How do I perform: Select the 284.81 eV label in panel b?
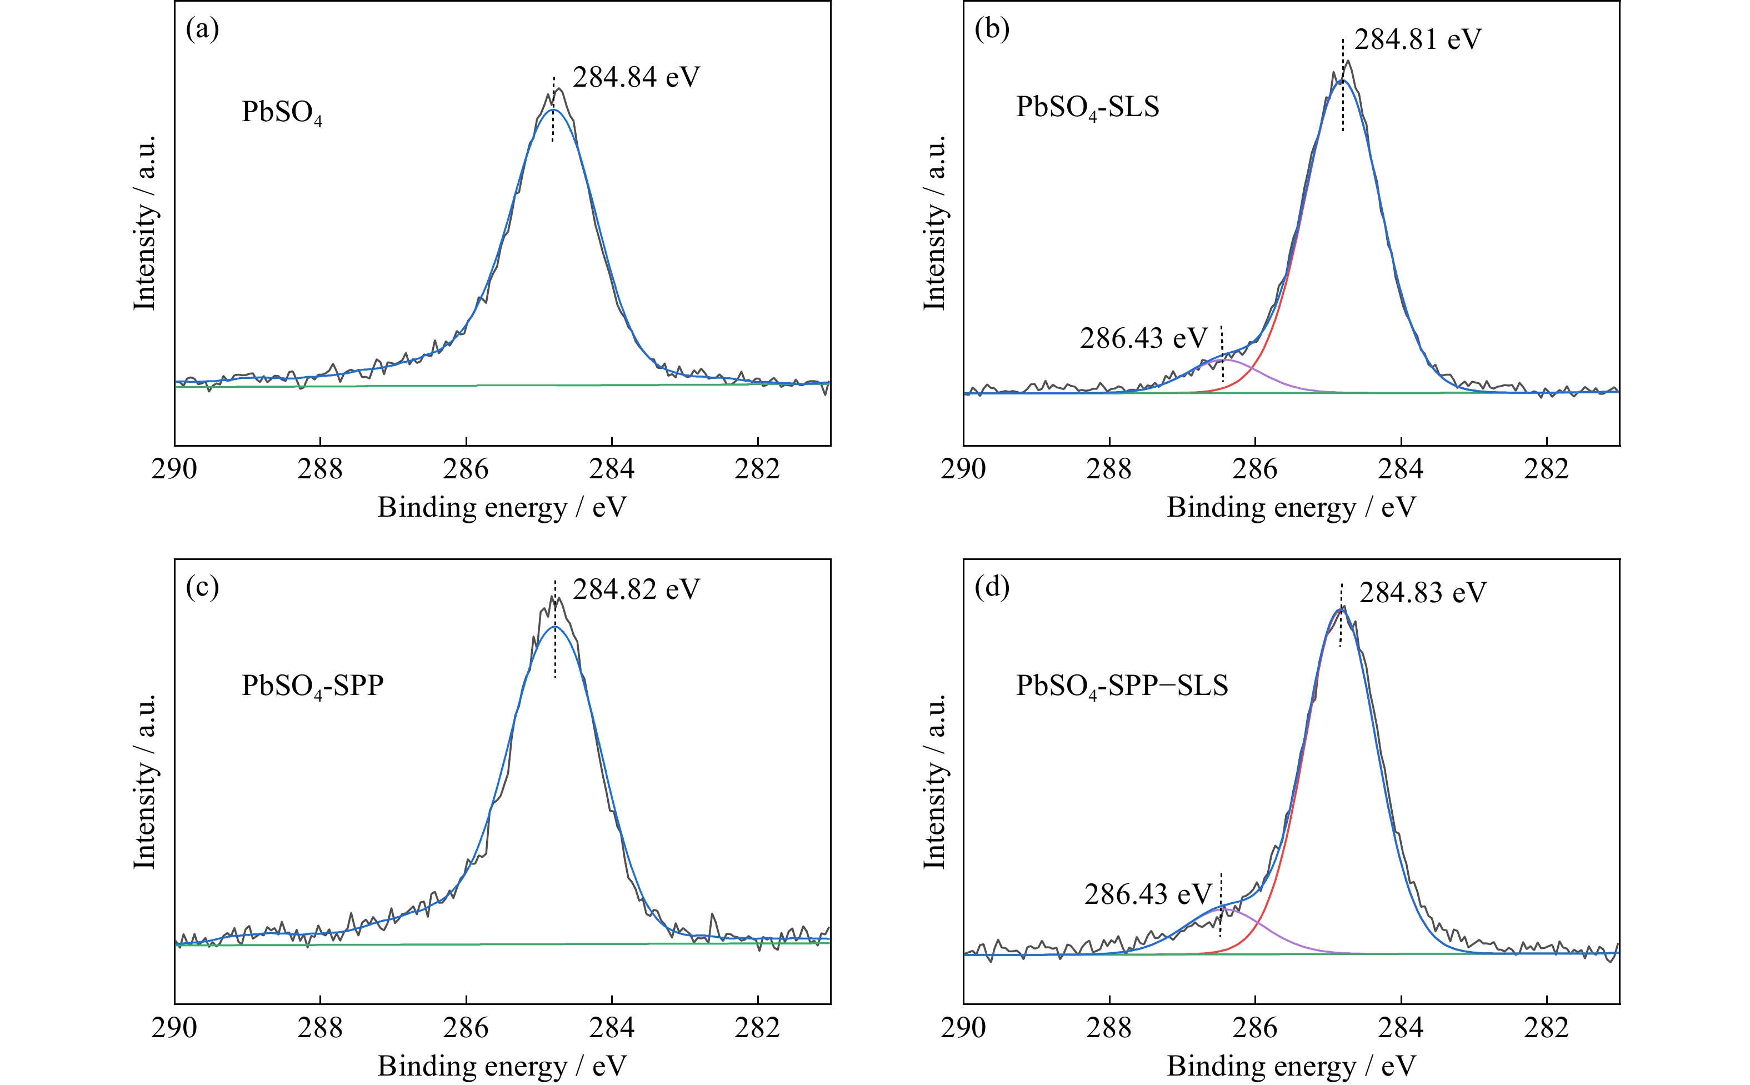click(x=1417, y=39)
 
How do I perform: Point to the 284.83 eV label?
click(x=1422, y=593)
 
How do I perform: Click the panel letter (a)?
click(x=202, y=29)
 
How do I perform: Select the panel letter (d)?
click(x=992, y=587)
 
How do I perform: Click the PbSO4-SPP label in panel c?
click(x=312, y=686)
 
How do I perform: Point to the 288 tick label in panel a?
click(x=320, y=469)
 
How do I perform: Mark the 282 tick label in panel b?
click(x=1546, y=469)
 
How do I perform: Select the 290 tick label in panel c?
click(x=174, y=1028)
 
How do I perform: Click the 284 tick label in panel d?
click(x=1401, y=1028)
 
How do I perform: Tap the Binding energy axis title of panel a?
click(x=502, y=507)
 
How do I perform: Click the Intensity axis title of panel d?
click(x=934, y=782)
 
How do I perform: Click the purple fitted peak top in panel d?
click(x=1228, y=910)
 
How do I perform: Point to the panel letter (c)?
click(x=202, y=587)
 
